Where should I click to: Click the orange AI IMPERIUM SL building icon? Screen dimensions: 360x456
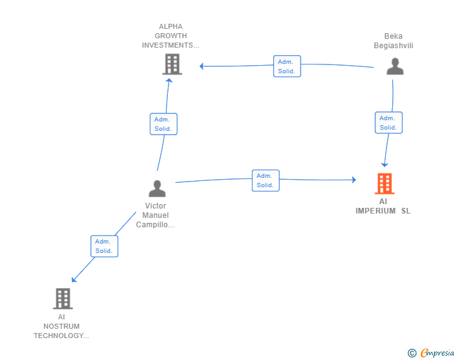coord(385,183)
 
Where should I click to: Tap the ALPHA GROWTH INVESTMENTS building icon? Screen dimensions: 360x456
coord(172,64)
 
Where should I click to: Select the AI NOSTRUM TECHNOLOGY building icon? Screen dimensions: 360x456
coord(63,299)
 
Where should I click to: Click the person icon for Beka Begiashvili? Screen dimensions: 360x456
coord(395,66)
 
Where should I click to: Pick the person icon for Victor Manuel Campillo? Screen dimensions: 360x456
coord(157,188)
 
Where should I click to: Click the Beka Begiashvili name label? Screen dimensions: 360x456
coord(393,41)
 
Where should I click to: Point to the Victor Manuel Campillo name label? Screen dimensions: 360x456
coord(156,215)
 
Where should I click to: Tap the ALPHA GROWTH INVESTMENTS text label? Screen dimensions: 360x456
coord(170,36)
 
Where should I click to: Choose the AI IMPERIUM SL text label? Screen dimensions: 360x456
coord(383,206)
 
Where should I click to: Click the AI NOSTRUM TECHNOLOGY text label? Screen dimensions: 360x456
coord(61,326)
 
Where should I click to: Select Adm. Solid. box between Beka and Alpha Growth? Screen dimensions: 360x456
coord(287,66)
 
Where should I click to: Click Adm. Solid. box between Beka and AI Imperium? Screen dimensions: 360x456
coord(388,123)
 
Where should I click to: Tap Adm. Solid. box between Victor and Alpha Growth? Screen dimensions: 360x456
coord(163,124)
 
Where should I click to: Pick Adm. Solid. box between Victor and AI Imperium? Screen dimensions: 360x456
coord(266,180)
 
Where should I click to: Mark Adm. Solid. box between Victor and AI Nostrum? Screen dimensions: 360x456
coord(104,246)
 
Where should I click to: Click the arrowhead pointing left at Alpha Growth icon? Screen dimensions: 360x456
coord(202,66)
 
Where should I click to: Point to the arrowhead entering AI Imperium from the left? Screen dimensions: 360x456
coord(353,180)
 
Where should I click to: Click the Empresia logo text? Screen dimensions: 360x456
coord(437,353)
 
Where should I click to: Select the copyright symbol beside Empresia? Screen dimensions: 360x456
coord(412,353)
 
